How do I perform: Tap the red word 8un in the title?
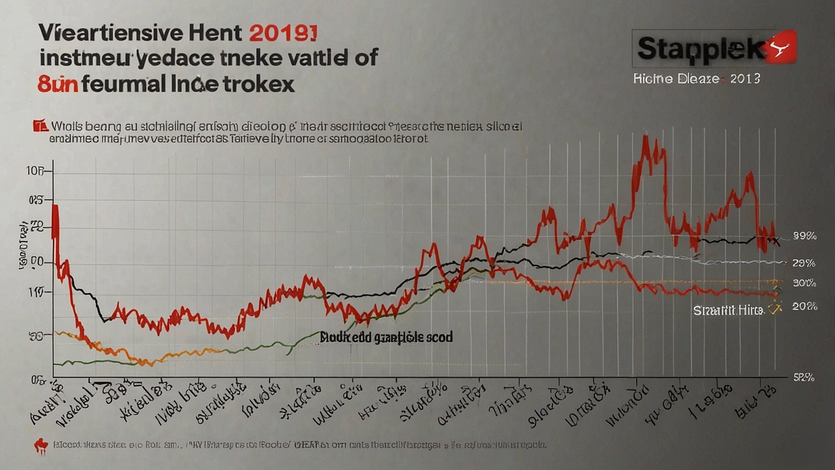[58, 84]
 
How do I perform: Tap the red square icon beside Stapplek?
[782, 47]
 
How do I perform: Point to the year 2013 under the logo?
[745, 79]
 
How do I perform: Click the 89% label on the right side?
[804, 236]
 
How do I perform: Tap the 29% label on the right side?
[804, 263]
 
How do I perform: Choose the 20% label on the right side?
[805, 306]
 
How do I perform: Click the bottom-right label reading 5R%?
[804, 377]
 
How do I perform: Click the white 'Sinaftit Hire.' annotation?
[728, 310]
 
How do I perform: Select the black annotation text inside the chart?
[387, 337]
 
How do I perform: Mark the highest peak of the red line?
[645, 137]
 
